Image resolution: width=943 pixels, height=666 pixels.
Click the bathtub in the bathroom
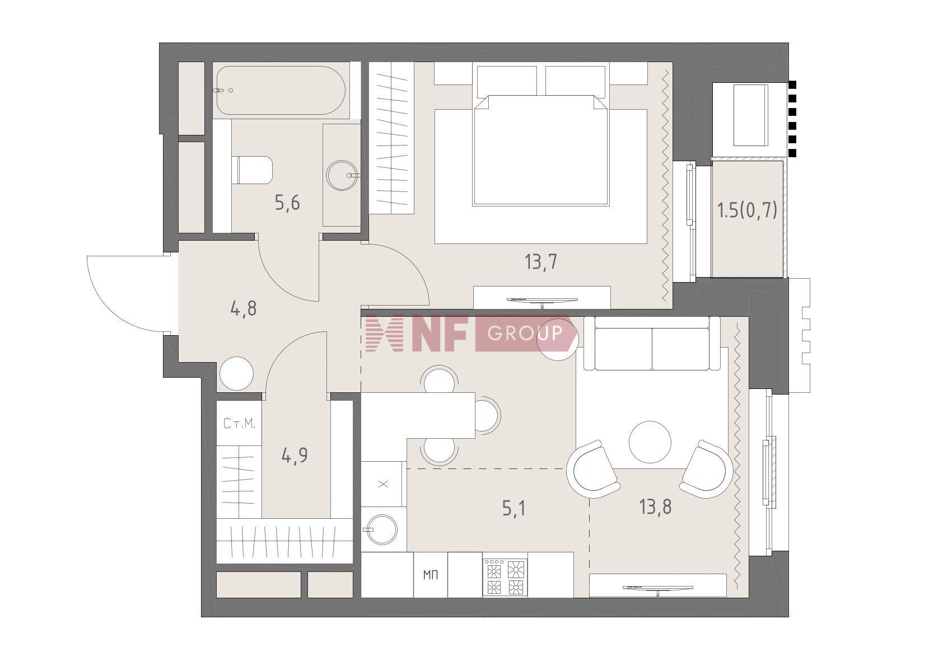tap(281, 90)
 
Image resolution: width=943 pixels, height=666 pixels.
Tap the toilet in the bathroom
tap(252, 170)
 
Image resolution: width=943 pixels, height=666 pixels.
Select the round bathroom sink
tap(342, 175)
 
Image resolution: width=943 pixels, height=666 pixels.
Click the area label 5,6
tap(287, 203)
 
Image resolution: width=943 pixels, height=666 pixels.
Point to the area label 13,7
tap(541, 262)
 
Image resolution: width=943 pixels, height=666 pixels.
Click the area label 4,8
tap(244, 309)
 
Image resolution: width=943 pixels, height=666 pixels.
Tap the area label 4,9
tap(294, 455)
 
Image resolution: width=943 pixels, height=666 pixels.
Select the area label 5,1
tap(513, 509)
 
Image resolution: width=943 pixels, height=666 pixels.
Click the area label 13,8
tap(655, 507)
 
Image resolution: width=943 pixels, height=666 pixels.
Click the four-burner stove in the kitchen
tap(505, 577)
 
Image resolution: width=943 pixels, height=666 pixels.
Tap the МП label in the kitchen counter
tap(431, 575)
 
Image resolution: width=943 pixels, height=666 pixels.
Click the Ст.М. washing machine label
tap(239, 424)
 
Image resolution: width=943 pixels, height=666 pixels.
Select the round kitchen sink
tap(382, 529)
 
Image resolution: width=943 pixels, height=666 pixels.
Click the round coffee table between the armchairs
tap(650, 442)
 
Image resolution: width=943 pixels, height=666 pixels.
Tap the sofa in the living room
tap(652, 343)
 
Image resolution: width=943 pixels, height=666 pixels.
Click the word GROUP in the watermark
tap(525, 333)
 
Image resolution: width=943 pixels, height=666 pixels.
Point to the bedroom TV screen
tap(542, 299)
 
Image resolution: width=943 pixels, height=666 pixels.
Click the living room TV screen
tap(657, 587)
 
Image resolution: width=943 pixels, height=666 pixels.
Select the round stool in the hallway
tap(237, 374)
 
